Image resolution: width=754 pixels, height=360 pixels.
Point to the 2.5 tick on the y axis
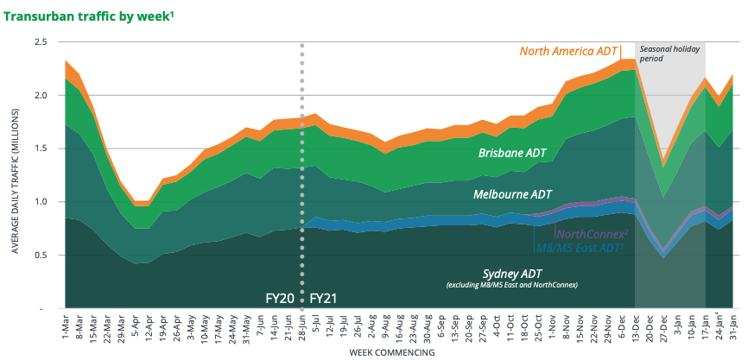tap(40, 42)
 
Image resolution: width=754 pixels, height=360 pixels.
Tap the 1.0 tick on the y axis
tap(40, 202)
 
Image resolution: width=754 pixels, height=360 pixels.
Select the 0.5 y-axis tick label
tap(40, 256)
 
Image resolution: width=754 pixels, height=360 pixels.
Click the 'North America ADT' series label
tap(568, 50)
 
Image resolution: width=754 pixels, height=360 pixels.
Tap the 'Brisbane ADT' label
tap(516, 154)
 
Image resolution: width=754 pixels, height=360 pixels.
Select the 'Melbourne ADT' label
tap(512, 195)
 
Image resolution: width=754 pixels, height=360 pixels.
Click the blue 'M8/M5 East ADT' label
tap(579, 248)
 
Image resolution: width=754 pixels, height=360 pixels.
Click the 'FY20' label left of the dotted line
tap(280, 299)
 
